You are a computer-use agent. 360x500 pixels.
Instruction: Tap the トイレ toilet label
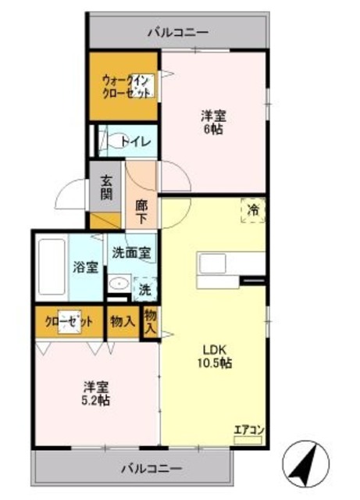click(x=141, y=142)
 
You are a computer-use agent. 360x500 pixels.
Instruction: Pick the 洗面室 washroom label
click(x=131, y=253)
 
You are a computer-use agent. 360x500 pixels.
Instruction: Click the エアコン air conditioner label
click(x=249, y=429)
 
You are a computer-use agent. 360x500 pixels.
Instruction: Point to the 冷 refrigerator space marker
click(x=253, y=209)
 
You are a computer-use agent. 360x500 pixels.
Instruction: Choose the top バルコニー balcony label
click(x=179, y=33)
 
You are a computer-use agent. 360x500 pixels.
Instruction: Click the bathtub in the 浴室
click(x=52, y=266)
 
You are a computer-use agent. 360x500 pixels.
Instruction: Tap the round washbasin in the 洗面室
click(x=119, y=284)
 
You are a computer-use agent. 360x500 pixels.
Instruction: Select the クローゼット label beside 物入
click(x=70, y=321)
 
